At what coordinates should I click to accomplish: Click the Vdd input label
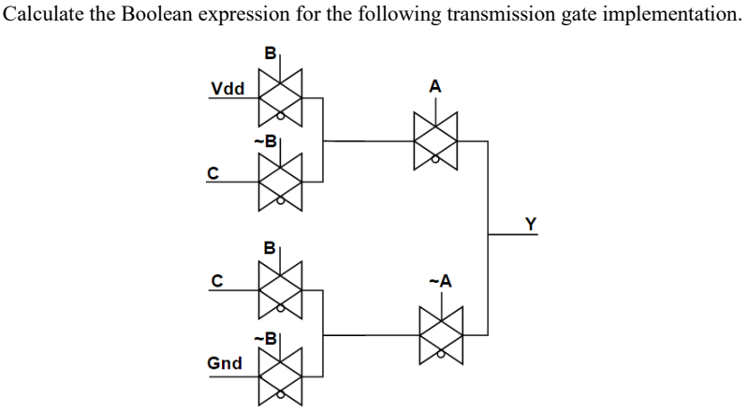(227, 89)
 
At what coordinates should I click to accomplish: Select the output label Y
(531, 223)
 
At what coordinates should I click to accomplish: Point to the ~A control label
(438, 281)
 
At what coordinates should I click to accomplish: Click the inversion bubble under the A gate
(434, 161)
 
